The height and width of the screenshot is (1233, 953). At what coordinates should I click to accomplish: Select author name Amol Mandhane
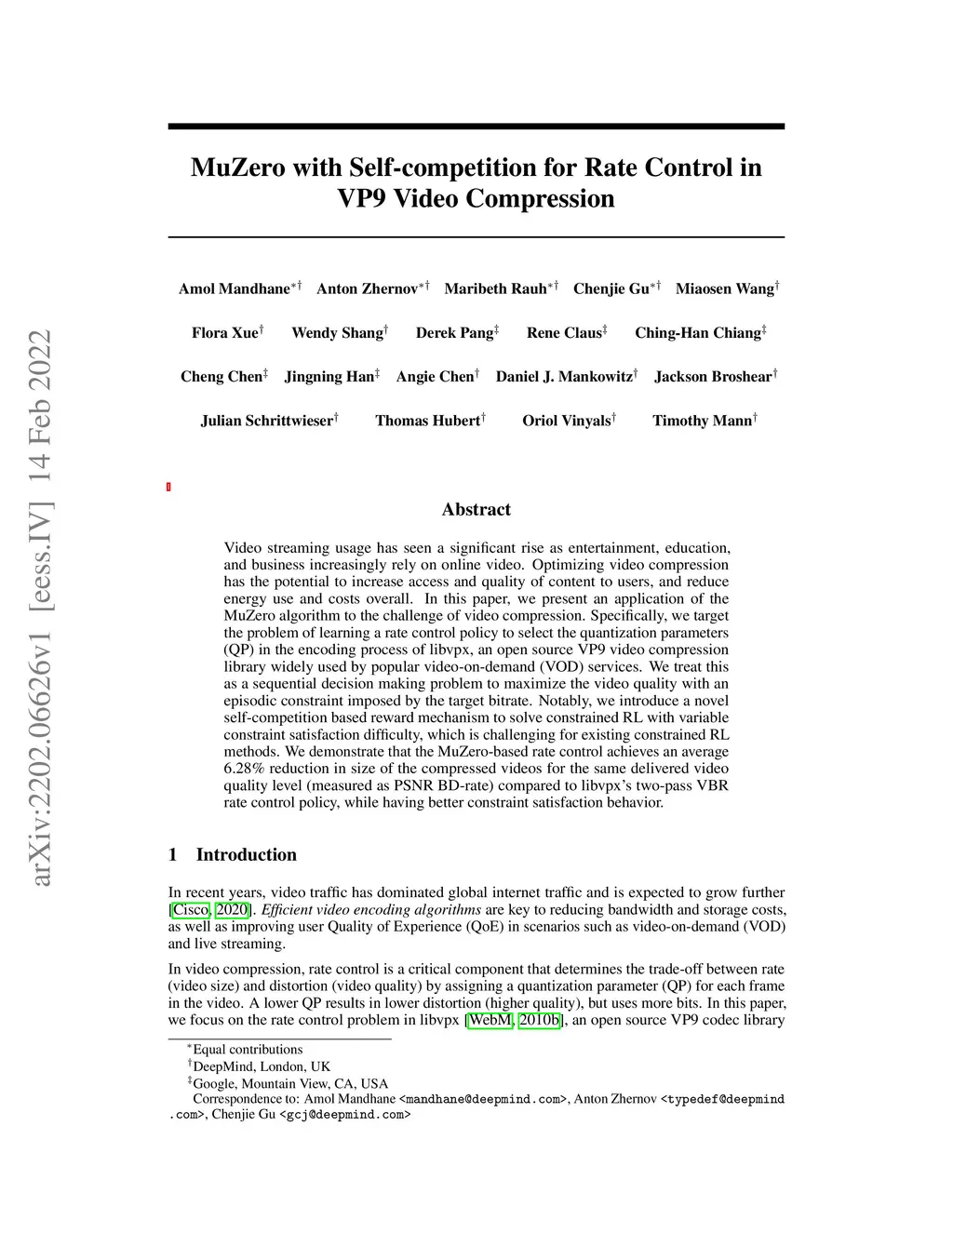(x=234, y=288)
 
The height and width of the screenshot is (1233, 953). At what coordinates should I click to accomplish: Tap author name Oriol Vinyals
(x=566, y=421)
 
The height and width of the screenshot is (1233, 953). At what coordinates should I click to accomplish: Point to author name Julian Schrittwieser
(x=266, y=421)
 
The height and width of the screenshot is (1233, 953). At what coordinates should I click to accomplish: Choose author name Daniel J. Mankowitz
(x=564, y=377)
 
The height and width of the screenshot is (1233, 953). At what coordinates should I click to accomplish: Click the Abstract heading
(x=476, y=509)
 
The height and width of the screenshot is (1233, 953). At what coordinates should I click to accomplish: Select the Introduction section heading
(x=246, y=854)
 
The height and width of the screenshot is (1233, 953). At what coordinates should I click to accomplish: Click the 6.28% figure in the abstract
(x=245, y=769)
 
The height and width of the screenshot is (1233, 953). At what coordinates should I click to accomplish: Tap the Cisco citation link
(x=191, y=909)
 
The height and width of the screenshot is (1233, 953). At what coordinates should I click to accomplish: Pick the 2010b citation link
(x=539, y=1020)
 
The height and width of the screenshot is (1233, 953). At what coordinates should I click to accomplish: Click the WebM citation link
(x=490, y=1020)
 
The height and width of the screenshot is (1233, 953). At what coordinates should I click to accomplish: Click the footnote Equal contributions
(x=248, y=1050)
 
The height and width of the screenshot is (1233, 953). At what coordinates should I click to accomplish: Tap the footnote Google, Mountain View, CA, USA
(x=290, y=1083)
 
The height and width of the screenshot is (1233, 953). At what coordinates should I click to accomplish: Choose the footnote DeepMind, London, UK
(x=262, y=1066)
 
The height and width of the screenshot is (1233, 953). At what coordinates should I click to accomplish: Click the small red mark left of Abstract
(x=168, y=487)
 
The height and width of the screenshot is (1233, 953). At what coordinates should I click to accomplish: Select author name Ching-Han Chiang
(x=698, y=333)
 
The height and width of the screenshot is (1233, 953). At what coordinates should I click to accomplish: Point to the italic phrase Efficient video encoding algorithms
(x=372, y=909)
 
